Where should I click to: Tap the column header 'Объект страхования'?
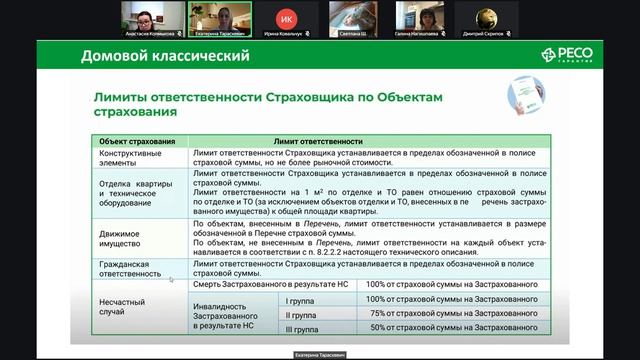click(136, 142)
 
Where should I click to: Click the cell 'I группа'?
click(301, 299)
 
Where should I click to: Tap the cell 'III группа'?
click(303, 327)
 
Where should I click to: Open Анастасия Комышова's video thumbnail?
click(154, 18)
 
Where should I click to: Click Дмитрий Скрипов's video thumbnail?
click(484, 18)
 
